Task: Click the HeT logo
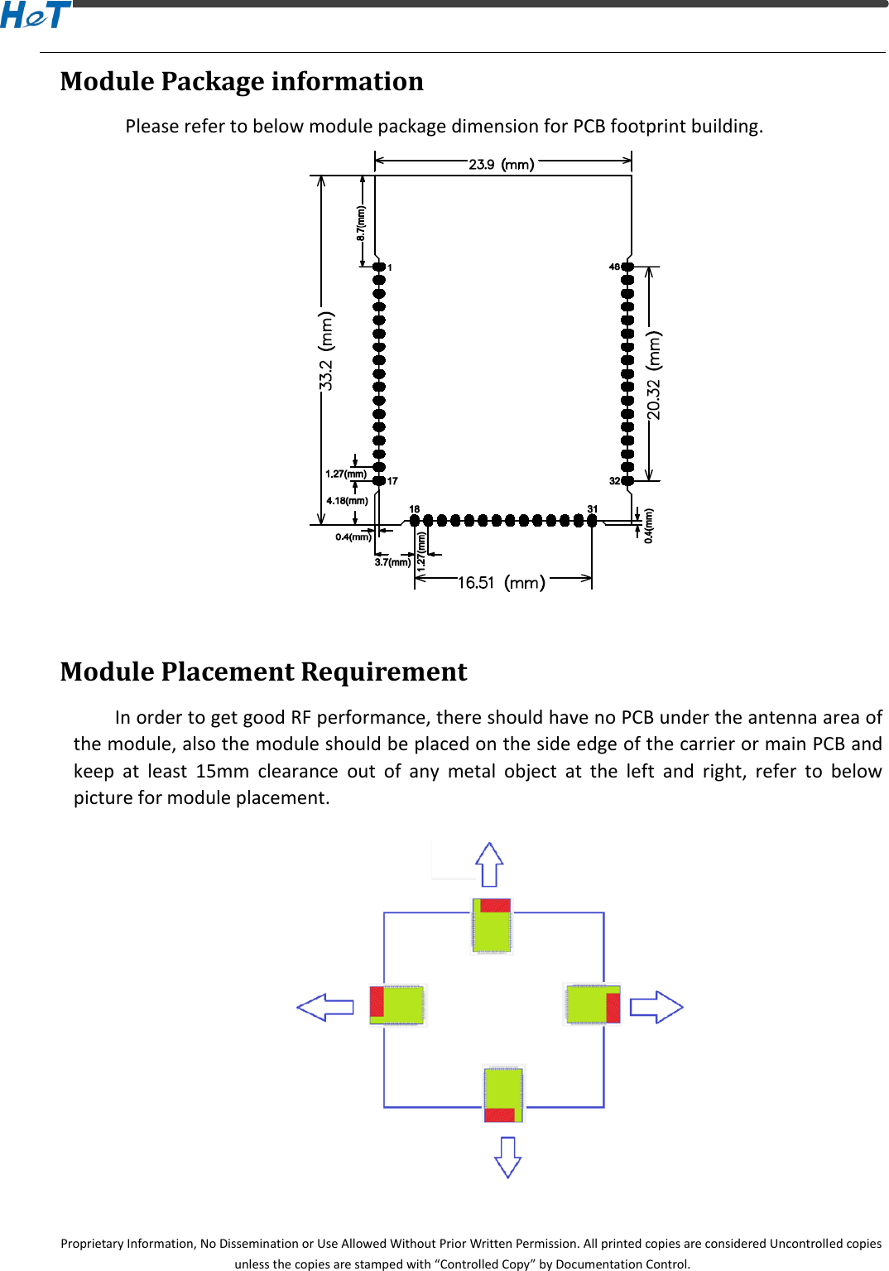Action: pos(35,15)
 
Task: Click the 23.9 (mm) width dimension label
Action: pos(502,164)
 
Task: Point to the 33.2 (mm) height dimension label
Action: pos(327,351)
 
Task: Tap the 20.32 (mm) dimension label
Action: pos(654,375)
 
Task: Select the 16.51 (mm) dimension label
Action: pos(502,583)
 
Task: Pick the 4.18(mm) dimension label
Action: pos(347,501)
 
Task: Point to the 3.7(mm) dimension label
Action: pos(392,562)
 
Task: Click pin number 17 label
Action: pos(392,481)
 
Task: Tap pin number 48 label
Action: pos(614,267)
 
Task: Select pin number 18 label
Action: pos(414,509)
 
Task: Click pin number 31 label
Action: pos(593,509)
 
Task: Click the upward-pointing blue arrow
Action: pos(490,864)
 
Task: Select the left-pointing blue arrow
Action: pos(325,1007)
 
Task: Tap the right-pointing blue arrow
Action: pos(656,1007)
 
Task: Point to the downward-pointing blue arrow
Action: pos(507,1157)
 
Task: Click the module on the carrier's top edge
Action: pos(492,925)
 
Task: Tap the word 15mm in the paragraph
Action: pos(222,772)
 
